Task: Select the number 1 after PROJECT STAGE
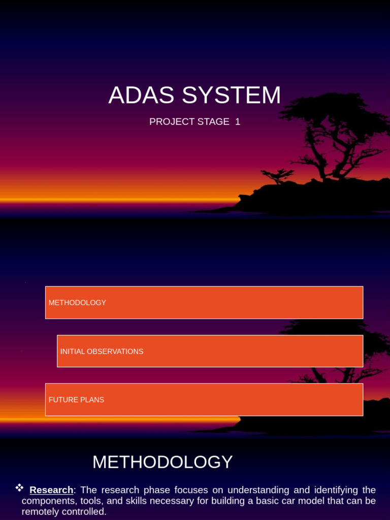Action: pyautogui.click(x=238, y=122)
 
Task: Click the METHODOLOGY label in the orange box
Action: pyautogui.click(x=77, y=303)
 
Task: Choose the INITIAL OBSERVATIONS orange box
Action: pyautogui.click(x=210, y=351)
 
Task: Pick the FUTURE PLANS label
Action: pyautogui.click(x=76, y=400)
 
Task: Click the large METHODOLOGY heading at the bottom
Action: pyautogui.click(x=162, y=462)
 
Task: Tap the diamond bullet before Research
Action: pyautogui.click(x=20, y=488)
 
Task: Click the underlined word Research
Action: pyautogui.click(x=51, y=490)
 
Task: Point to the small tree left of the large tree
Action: pyautogui.click(x=278, y=177)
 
